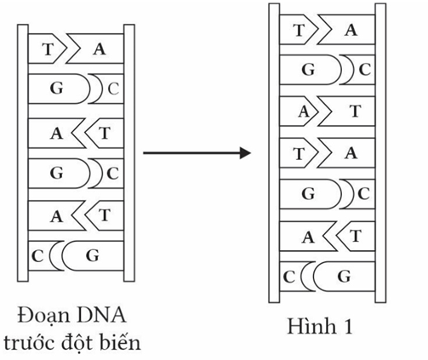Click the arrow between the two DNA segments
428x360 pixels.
[x=197, y=153]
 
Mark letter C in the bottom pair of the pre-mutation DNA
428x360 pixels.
[x=37, y=254]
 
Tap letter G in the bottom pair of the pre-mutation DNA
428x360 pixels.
[x=93, y=254]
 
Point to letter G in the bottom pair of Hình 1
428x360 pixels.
[x=344, y=277]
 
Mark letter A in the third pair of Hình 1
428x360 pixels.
[x=303, y=111]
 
